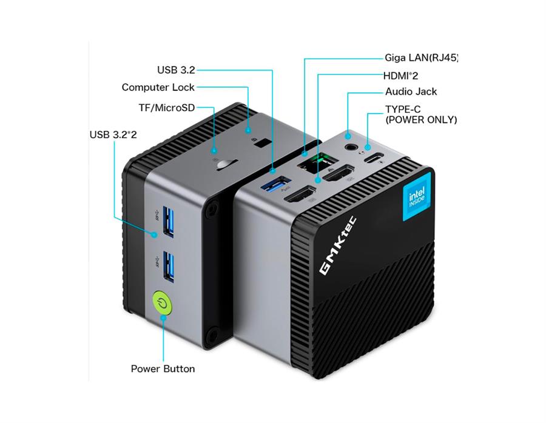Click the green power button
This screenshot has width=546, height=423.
[162, 303]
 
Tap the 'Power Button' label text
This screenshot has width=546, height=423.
[163, 368]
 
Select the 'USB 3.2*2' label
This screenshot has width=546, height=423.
[113, 134]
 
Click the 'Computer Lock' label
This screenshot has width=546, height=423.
[158, 87]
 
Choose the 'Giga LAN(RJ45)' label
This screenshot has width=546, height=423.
[421, 58]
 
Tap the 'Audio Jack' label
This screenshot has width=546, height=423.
[411, 92]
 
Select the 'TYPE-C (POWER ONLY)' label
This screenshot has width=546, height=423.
[420, 115]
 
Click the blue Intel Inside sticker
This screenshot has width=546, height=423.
[417, 198]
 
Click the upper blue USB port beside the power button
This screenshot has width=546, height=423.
[169, 222]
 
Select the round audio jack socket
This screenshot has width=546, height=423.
[350, 146]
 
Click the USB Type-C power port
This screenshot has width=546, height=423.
[377, 159]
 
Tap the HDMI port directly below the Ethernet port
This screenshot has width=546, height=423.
[340, 175]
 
